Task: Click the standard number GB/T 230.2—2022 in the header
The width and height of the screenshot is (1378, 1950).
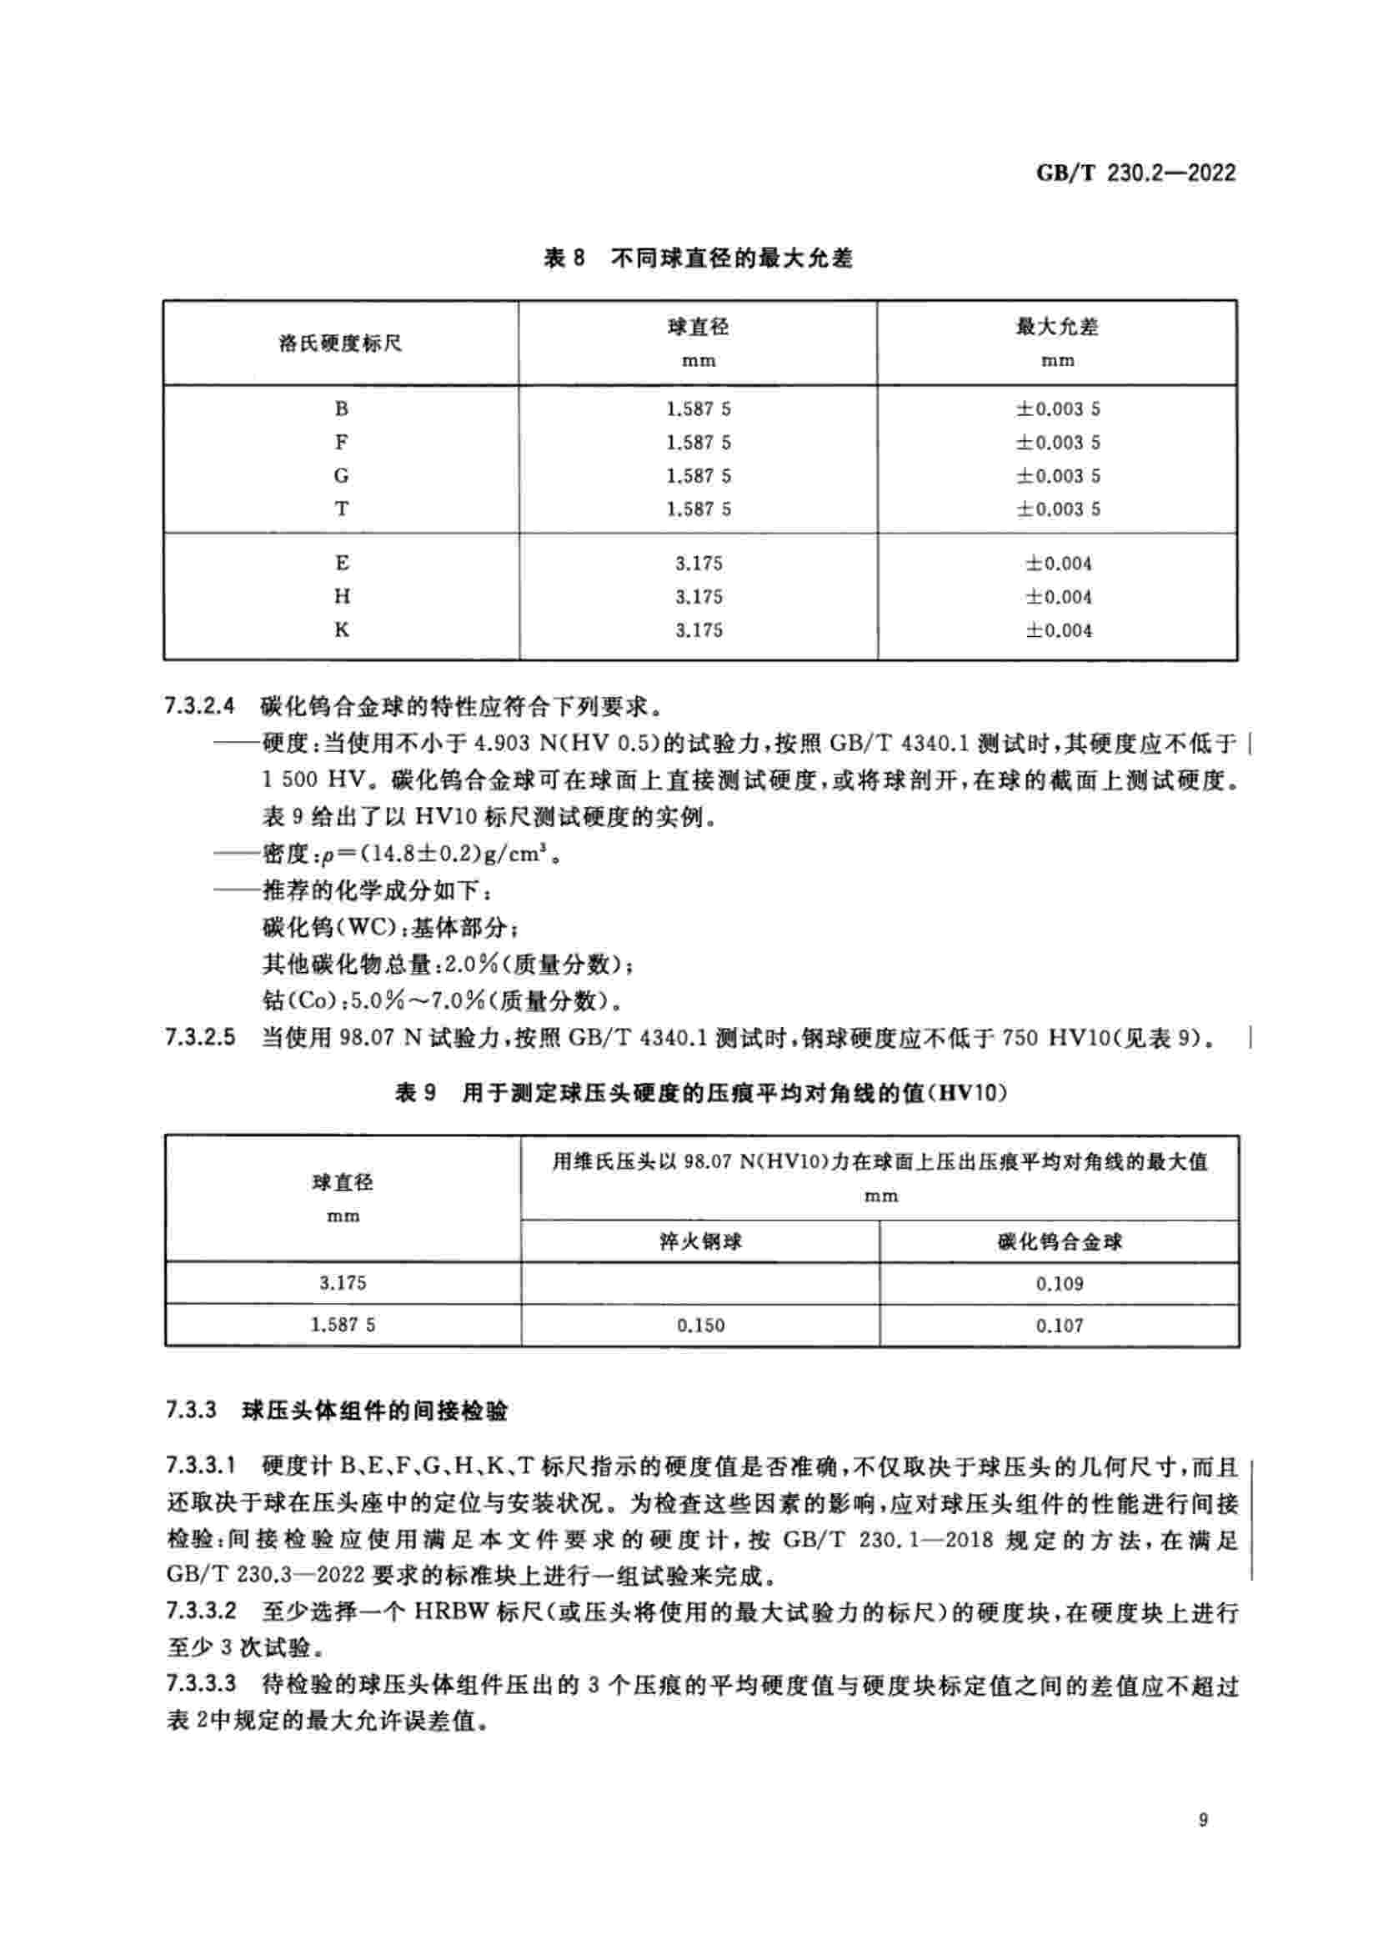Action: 1135,173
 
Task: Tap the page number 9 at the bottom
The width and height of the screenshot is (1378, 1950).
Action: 1203,1843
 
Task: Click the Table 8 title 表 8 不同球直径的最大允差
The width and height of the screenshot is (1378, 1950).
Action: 698,258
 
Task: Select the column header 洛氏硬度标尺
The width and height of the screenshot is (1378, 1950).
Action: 340,344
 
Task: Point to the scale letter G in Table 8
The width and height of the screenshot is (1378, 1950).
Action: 341,475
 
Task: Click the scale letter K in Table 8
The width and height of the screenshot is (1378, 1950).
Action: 341,630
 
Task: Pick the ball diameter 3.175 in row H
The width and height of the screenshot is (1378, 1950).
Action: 699,597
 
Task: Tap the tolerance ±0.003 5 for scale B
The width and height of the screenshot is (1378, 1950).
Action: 1058,409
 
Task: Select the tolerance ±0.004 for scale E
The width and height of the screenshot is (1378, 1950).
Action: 1058,564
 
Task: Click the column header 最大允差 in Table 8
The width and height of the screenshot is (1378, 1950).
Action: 1057,327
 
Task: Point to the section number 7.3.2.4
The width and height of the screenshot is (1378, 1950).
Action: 200,707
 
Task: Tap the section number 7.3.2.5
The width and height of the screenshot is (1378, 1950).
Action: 200,1038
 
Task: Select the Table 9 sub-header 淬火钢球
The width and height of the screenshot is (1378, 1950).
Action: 700,1242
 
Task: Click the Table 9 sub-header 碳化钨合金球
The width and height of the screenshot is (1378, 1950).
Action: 1059,1242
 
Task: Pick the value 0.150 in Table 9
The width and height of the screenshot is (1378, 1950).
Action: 700,1326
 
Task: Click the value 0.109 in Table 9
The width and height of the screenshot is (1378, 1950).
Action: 1059,1284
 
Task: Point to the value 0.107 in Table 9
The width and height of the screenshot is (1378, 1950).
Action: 1059,1326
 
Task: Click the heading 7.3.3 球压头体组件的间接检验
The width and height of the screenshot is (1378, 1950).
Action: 337,1411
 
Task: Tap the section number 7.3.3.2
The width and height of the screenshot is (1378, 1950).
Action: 200,1612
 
